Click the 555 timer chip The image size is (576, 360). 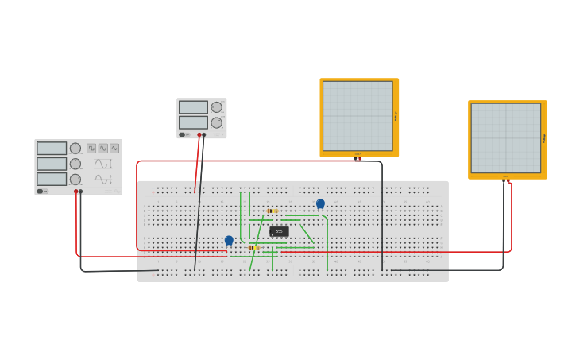pos(279,231)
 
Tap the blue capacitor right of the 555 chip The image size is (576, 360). pos(320,203)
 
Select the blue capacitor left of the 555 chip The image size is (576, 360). pos(229,240)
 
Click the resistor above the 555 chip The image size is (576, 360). pos(273,211)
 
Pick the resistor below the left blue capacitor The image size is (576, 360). pos(253,247)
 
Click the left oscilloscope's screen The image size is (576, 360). pos(358,116)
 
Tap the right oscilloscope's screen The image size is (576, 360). pos(505,138)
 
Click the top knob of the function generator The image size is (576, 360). pos(75,148)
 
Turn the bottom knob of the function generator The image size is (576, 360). pos(75,180)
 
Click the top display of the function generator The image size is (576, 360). pos(52,149)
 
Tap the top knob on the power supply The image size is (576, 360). pos(216,107)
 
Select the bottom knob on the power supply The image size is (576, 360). pos(216,122)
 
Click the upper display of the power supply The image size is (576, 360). pos(193,107)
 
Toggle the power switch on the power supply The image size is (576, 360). pos(182,135)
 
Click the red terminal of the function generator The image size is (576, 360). pos(76,192)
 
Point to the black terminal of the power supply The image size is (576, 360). pos(204,135)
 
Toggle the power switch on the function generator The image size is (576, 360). pos(40,191)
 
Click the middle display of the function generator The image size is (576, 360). pos(52,164)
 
